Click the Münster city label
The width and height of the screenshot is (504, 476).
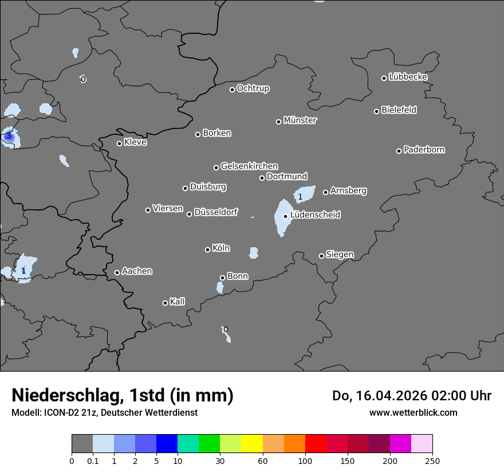click(x=300, y=120)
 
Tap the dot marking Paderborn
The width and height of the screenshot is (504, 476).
click(x=399, y=151)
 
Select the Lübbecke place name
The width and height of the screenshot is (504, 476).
click(x=408, y=77)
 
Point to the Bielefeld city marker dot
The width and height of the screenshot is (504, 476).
click(x=377, y=111)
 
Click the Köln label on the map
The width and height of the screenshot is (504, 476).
click(x=221, y=248)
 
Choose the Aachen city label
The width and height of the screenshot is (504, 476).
click(x=137, y=271)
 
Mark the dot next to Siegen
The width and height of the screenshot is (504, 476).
click(x=321, y=256)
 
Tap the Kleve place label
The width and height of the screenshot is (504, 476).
click(x=135, y=142)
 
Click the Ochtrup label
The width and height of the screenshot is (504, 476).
click(x=253, y=88)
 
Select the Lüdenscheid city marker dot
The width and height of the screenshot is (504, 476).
click(x=285, y=216)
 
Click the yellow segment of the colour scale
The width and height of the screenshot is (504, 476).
click(x=252, y=444)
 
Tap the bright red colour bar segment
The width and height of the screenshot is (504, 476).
click(x=316, y=444)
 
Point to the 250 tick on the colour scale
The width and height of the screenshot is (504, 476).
click(x=432, y=461)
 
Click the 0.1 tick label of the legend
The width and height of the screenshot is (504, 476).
click(x=93, y=461)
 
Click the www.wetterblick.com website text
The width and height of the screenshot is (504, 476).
click(x=414, y=412)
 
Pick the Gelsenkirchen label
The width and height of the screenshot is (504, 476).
click(x=249, y=166)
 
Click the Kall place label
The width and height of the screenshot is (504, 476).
click(x=178, y=302)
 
